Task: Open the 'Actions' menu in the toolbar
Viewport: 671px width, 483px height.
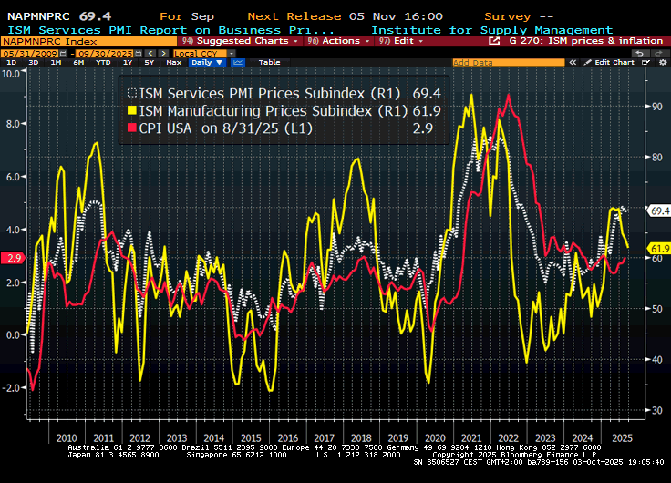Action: tap(338, 41)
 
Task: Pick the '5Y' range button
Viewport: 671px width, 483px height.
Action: tap(149, 62)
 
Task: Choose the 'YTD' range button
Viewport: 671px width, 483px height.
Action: tap(105, 62)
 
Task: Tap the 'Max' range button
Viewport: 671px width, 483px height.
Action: tap(174, 62)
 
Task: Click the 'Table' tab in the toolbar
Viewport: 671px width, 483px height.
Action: tap(270, 62)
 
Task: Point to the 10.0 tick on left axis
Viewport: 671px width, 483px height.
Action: tap(13, 73)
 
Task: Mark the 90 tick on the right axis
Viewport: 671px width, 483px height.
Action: tap(654, 107)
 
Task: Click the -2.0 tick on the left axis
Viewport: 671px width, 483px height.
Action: tap(12, 387)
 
